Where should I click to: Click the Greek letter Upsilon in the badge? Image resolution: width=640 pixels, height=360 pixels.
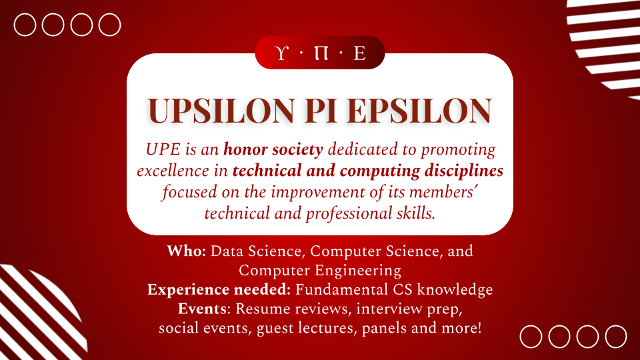tap(281, 53)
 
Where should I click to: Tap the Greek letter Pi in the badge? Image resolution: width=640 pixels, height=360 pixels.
tap(321, 53)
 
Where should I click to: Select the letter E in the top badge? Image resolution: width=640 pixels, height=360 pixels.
tap(359, 53)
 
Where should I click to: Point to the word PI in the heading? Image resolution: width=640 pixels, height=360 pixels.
tap(321, 111)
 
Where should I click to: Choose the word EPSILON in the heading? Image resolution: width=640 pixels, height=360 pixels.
tap(419, 111)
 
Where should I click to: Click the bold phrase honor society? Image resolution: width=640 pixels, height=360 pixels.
tap(273, 150)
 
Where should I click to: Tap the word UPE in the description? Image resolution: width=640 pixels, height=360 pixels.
tap(163, 150)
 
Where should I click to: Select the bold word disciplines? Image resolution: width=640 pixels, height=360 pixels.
tap(464, 171)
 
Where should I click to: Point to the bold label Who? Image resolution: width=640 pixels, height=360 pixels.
tap(186, 251)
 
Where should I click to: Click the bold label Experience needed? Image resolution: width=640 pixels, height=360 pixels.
tap(219, 290)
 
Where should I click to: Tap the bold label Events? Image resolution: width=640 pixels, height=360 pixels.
tap(204, 309)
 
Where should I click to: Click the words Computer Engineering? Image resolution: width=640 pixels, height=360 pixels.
tap(320, 271)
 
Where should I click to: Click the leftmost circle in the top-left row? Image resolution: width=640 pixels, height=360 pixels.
tap(25, 14)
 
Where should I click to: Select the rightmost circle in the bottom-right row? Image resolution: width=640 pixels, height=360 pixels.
tap(616, 326)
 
